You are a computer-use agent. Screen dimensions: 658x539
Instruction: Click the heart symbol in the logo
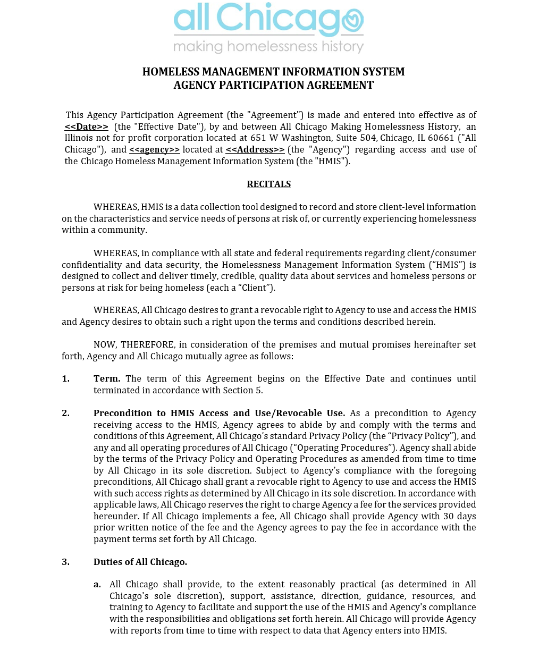pyautogui.click(x=352, y=21)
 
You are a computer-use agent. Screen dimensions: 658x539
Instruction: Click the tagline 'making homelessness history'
pyautogui.click(x=268, y=47)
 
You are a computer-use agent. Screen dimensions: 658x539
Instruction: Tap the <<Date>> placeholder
pyautogui.click(x=86, y=126)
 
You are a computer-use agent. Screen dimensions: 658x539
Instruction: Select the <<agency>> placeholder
pyautogui.click(x=154, y=149)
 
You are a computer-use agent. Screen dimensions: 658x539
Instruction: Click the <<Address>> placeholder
pyautogui.click(x=255, y=149)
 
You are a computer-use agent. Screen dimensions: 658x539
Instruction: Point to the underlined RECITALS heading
pyautogui.click(x=268, y=184)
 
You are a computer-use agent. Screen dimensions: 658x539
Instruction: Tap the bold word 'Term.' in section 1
pyautogui.click(x=107, y=378)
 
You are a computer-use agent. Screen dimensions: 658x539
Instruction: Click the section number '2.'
pyautogui.click(x=65, y=413)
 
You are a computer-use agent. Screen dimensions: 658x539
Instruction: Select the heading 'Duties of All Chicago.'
pyautogui.click(x=140, y=562)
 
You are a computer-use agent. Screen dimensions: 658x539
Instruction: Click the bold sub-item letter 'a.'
pyautogui.click(x=97, y=584)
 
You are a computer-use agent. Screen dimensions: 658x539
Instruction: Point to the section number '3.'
pyautogui.click(x=65, y=562)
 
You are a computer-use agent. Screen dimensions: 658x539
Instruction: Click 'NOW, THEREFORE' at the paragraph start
pyautogui.click(x=133, y=344)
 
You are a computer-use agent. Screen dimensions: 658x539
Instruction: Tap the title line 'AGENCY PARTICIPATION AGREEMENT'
pyautogui.click(x=273, y=85)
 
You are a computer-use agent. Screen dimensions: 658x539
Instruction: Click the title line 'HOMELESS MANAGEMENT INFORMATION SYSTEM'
pyautogui.click(x=273, y=72)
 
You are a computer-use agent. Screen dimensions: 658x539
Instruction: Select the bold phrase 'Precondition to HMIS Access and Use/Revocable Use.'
pyautogui.click(x=219, y=413)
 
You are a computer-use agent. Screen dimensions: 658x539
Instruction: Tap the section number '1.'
pyautogui.click(x=65, y=378)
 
